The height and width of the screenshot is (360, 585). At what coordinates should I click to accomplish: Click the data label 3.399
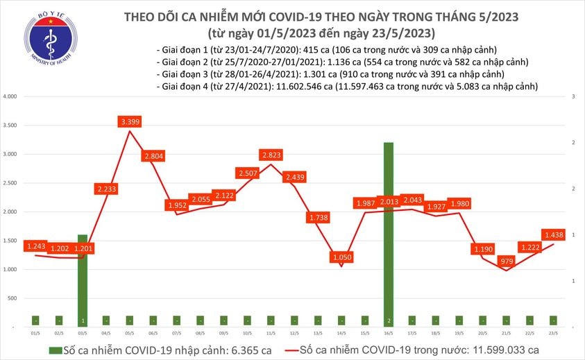tap(129, 122)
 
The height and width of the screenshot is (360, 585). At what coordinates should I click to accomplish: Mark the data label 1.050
tap(341, 257)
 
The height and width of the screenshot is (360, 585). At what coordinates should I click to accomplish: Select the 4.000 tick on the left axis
tap(10, 97)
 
